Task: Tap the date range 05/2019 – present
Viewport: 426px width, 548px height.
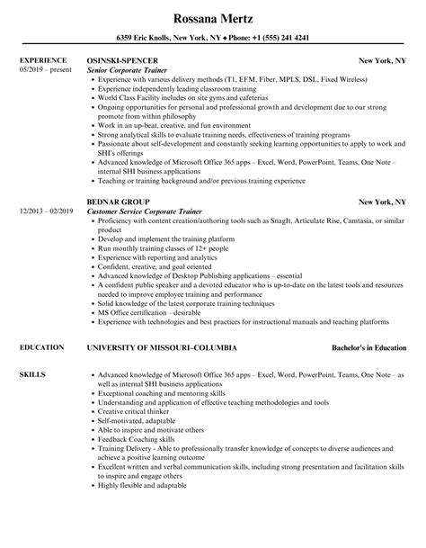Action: [x=43, y=70]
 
